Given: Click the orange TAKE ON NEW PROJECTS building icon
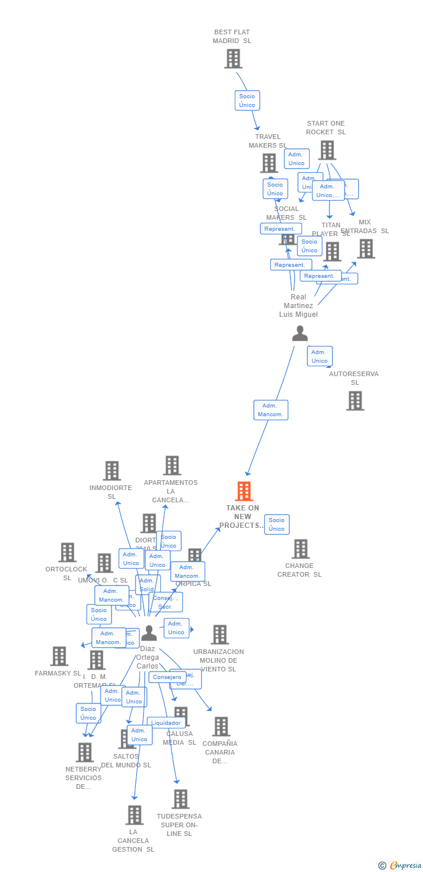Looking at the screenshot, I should pos(244,491).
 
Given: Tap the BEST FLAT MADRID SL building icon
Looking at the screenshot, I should pos(233,59).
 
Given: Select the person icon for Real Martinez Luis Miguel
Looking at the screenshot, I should pos(300,333).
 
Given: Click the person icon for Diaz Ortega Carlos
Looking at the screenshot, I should pos(149,632).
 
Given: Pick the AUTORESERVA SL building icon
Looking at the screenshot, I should pos(355,401).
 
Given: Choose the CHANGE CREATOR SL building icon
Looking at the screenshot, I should pos(300,549).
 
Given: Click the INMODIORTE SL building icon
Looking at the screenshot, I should pos(112,471).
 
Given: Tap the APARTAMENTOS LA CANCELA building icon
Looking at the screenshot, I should pos(172,466).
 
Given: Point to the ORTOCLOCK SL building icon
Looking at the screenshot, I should pos(67,552).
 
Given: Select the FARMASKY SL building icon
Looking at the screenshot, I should pos(59,656).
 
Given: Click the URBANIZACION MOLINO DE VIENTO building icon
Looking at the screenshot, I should pos(220,635).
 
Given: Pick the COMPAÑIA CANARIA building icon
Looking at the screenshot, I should pos(221,727).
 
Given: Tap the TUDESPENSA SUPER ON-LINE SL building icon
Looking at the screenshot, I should pos(181,799).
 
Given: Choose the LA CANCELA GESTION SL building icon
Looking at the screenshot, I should pos(135,815).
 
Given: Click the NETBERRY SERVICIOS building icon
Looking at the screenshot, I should pos(85,752).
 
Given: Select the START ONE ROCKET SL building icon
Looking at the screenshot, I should pos(327,150).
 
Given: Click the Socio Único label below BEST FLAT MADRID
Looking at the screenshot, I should pos(247,101).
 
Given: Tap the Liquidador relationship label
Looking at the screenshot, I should pos(166,723).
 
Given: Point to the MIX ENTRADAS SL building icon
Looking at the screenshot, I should pos(366,249).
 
